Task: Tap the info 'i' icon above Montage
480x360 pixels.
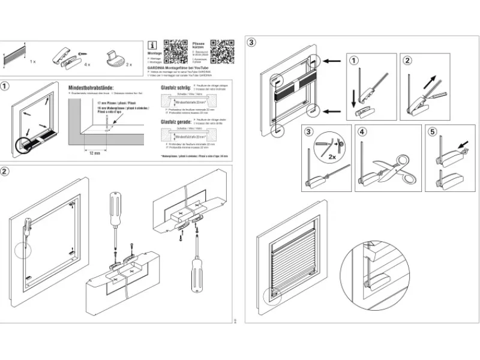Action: (153, 44)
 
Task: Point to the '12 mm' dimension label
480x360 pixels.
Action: (94, 153)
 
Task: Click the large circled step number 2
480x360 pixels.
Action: (5, 171)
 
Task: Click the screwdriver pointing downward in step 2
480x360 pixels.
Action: (115, 217)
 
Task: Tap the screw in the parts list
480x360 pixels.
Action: (80, 54)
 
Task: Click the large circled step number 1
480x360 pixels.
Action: (5, 86)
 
